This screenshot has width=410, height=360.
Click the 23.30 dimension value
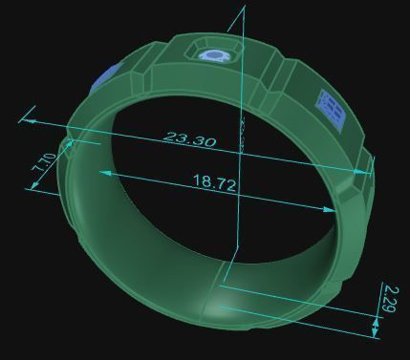(x=190, y=139)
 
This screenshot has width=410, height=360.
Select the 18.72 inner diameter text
(x=214, y=183)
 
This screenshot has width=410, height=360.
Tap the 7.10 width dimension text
(x=44, y=164)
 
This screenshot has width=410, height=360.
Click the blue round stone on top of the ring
(x=213, y=55)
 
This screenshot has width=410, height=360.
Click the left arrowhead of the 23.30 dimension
(x=26, y=120)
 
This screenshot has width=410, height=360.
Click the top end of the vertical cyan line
(x=245, y=8)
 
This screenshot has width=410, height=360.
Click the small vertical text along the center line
(x=243, y=135)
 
